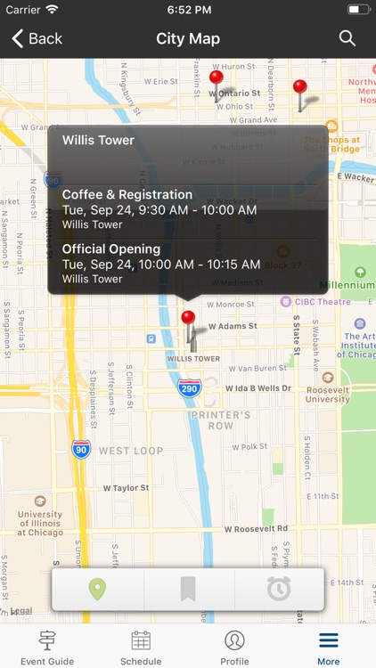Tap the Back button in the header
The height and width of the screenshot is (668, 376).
tap(37, 38)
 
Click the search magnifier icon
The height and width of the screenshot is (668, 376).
tap(347, 38)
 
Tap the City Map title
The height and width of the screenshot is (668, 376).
tap(188, 38)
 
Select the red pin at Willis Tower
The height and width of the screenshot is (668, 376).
tap(188, 319)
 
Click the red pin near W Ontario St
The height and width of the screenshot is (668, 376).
tap(216, 78)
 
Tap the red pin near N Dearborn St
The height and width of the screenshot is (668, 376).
tap(300, 87)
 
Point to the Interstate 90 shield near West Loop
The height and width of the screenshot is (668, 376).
tap(81, 448)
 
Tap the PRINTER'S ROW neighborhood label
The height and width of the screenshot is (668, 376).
tap(220, 420)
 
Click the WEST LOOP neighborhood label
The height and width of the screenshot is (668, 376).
tap(131, 451)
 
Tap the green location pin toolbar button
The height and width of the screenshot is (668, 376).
tap(97, 589)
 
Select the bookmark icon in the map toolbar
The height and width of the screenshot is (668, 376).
tap(188, 589)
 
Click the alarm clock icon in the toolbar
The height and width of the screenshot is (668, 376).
tap(279, 589)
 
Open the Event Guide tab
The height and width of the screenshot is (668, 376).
tap(47, 647)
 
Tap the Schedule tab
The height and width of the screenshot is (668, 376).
tap(141, 647)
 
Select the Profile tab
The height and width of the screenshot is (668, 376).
tap(234, 647)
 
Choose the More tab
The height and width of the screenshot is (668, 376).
tap(329, 647)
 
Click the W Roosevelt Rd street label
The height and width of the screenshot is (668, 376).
tap(256, 528)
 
